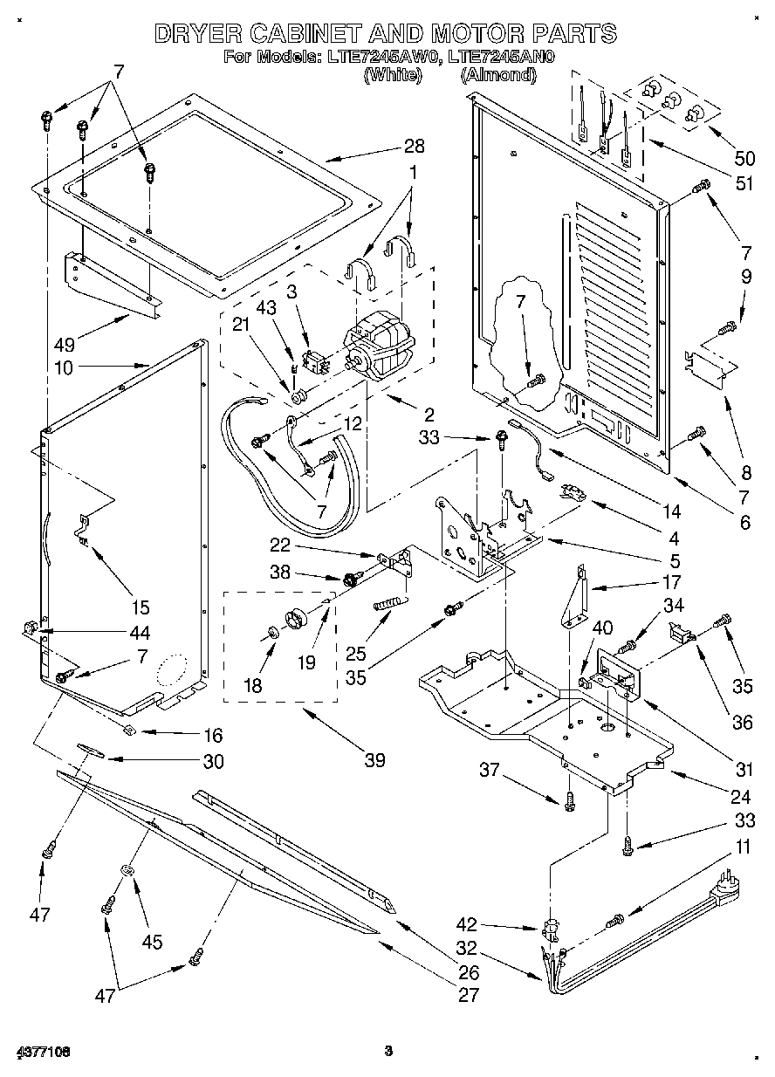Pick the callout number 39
(x=374, y=759)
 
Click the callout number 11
(x=742, y=847)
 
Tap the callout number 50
(x=744, y=158)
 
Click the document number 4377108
(x=41, y=1052)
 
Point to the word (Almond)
(x=498, y=75)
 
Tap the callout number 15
(x=141, y=607)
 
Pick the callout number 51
(x=744, y=184)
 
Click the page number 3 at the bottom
(x=389, y=1051)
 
